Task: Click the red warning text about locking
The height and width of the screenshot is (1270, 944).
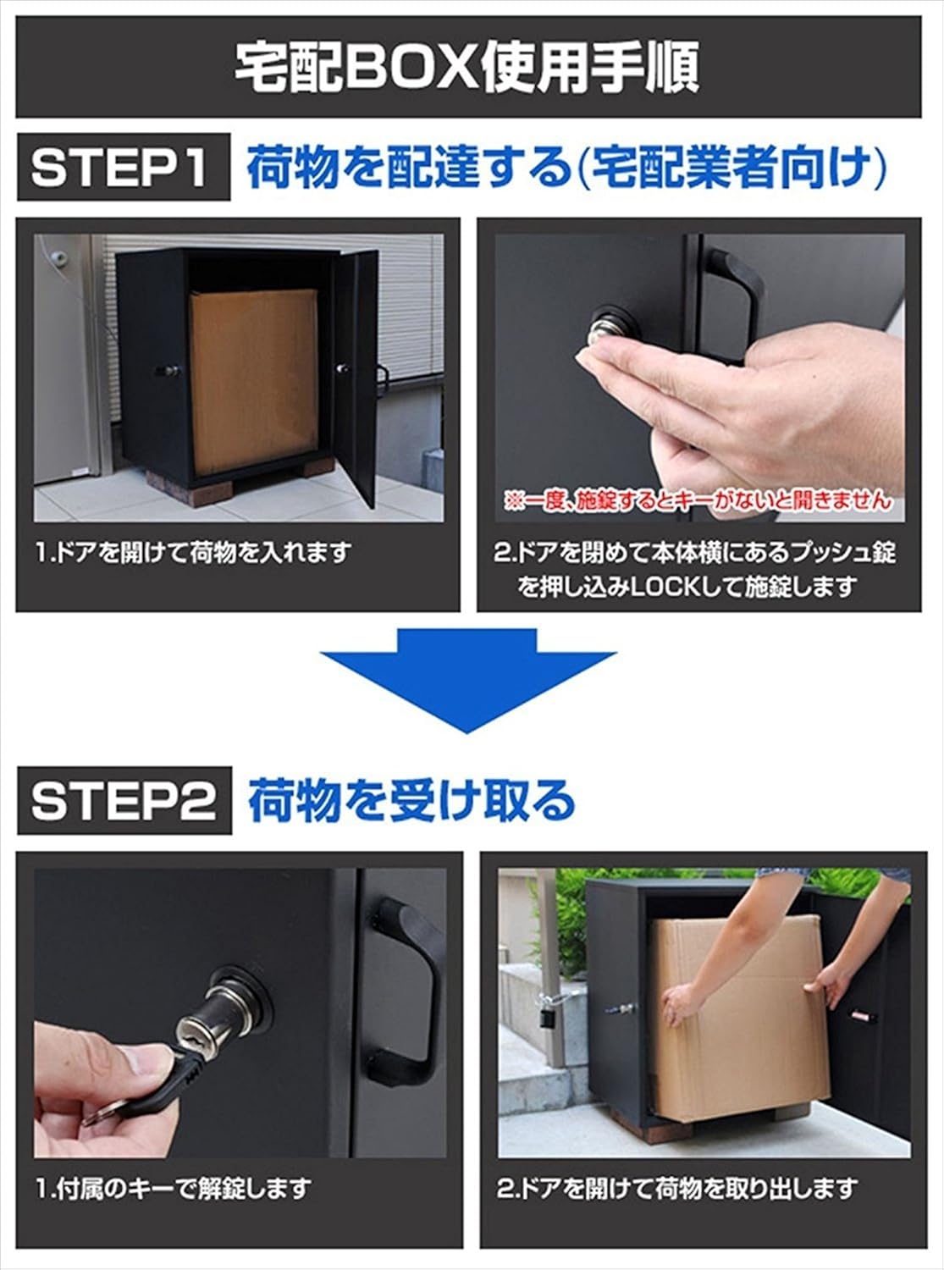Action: tap(698, 501)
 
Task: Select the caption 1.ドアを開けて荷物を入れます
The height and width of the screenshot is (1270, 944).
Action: tap(193, 553)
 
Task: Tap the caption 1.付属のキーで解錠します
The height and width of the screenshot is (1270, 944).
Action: tap(174, 1188)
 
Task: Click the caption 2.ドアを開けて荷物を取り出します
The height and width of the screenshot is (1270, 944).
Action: tap(677, 1188)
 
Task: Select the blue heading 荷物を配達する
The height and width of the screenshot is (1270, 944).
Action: tap(410, 167)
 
